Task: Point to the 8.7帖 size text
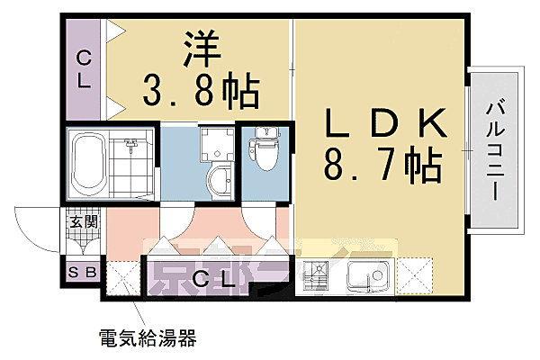tap(383, 164)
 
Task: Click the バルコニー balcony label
tap(495, 148)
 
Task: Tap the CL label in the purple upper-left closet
tap(84, 69)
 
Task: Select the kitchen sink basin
tap(369, 276)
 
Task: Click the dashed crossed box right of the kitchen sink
tap(414, 276)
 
